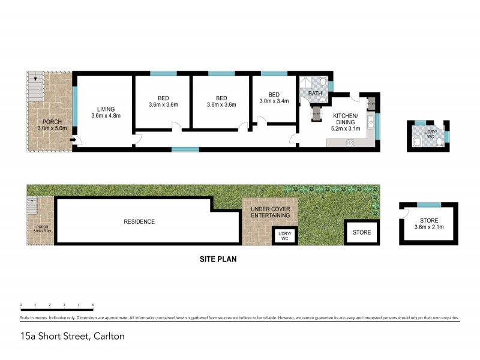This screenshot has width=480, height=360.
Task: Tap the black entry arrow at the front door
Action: click(x=73, y=141)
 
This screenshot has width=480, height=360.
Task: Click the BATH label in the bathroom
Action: click(x=315, y=94)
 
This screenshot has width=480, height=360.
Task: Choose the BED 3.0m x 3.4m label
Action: click(x=274, y=98)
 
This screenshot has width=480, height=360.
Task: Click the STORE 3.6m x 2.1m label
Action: click(x=428, y=223)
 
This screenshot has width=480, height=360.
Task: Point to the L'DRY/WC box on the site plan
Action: click(x=281, y=236)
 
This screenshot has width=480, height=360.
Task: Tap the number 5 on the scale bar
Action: click(x=93, y=305)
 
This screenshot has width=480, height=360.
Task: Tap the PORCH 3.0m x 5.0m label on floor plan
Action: click(x=51, y=124)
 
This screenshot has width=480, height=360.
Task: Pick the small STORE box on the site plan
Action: click(x=361, y=232)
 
